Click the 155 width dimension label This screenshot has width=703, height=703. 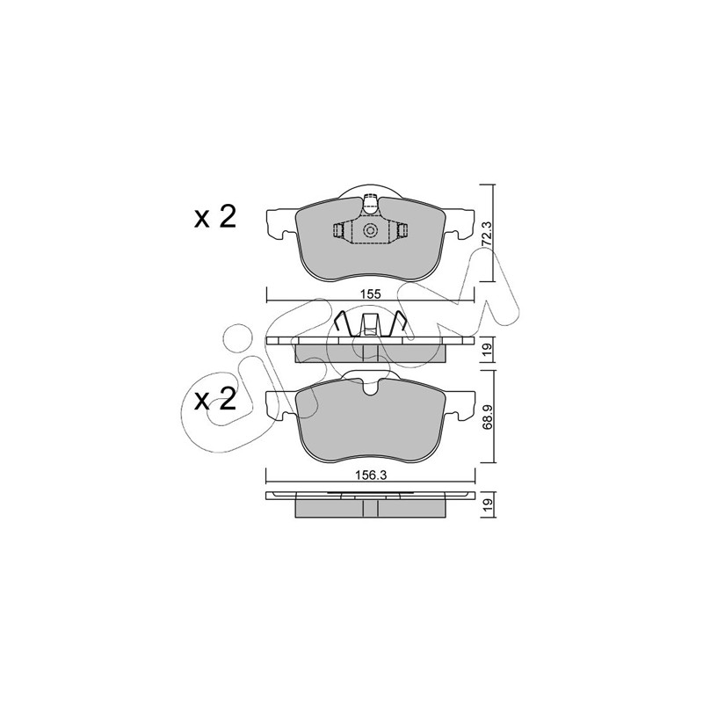(370, 294)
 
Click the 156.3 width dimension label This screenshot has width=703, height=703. (370, 475)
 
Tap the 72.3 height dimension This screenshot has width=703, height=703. (488, 233)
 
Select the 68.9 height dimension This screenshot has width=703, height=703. (488, 417)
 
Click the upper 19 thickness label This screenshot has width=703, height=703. (488, 346)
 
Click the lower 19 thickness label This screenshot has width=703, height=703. (488, 503)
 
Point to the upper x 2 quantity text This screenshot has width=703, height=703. (215, 218)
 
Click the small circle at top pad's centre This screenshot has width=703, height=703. (370, 230)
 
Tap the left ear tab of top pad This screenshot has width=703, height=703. (281, 222)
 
